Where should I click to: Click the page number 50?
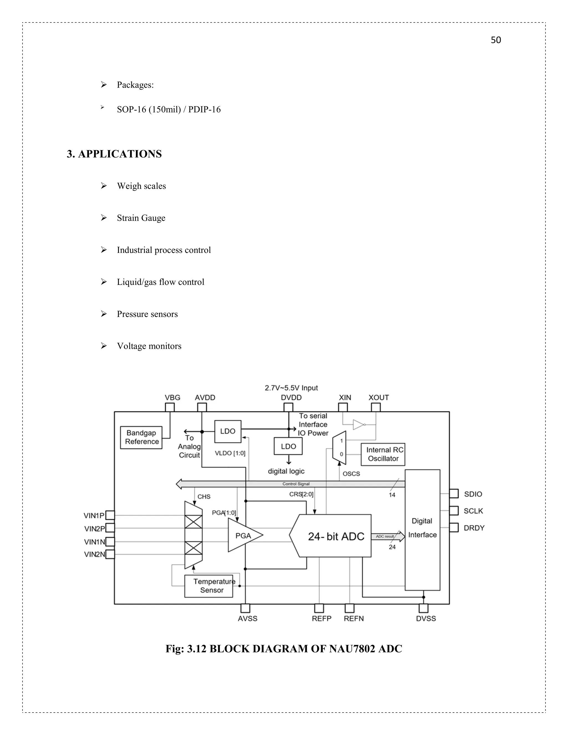496,40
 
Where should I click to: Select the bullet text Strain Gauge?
141,218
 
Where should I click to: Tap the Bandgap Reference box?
141,437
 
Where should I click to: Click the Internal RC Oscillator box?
383,454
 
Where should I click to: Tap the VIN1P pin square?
110,515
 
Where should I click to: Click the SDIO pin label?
473,494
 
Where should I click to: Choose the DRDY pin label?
474,528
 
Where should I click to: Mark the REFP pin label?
321,619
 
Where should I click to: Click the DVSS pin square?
423,609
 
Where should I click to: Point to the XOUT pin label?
379,397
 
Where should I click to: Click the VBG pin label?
172,397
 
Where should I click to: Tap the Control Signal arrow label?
296,484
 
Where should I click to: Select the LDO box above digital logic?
288,446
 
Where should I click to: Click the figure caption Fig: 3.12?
284,649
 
